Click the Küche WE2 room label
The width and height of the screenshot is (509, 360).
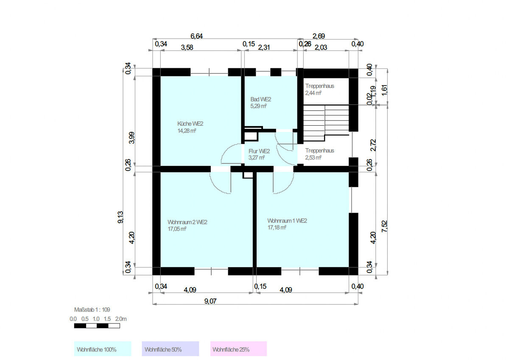tap(190, 124)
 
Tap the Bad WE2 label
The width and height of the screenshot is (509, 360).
tap(260, 99)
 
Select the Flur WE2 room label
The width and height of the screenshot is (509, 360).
tap(259, 151)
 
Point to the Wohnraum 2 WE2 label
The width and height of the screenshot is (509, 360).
tap(187, 222)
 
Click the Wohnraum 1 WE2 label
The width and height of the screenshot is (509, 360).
tap(287, 221)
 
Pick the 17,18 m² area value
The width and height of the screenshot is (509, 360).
tap(277, 228)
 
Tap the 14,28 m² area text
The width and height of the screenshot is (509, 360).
tap(187, 131)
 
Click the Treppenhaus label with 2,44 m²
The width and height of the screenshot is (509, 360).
tap(319, 86)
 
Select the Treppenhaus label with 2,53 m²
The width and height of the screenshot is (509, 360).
tap(319, 151)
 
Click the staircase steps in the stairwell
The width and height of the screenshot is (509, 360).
tap(326, 123)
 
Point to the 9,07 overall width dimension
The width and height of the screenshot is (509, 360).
tap(210, 301)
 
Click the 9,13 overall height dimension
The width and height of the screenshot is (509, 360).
tap(120, 217)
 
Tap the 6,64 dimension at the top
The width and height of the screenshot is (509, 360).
tap(196, 36)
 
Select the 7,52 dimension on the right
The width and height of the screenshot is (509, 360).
tap(384, 226)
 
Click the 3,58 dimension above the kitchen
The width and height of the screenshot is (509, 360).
tap(187, 47)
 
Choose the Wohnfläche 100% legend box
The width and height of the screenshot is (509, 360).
tap(103, 349)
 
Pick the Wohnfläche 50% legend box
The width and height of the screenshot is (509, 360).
tap(171, 349)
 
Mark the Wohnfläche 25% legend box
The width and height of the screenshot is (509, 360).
tap(238, 349)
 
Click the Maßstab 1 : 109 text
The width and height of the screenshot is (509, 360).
tap(92, 310)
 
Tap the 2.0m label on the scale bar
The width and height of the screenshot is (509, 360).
tap(121, 319)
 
